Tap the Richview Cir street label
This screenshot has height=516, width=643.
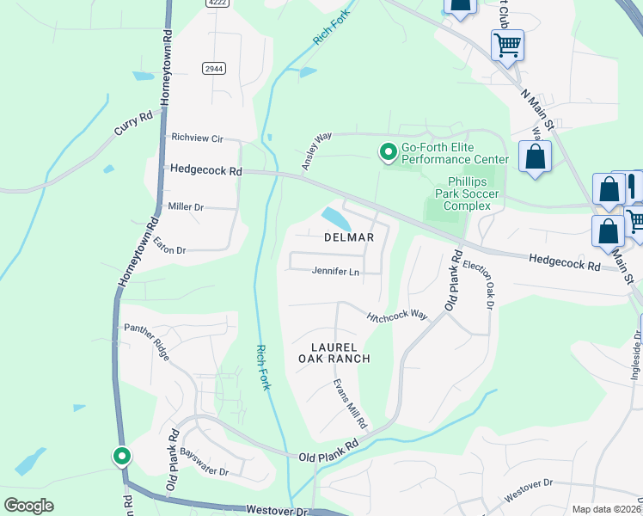(197, 138)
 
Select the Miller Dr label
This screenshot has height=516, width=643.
(186, 207)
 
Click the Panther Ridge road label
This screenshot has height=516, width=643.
(148, 341)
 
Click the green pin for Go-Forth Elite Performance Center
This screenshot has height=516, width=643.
(389, 152)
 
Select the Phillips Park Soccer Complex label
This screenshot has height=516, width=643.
(473, 194)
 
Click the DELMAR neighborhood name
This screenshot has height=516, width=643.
(349, 237)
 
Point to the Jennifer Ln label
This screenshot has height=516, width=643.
(335, 273)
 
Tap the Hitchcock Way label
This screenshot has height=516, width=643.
(396, 316)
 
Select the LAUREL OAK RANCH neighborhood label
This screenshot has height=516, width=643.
(334, 351)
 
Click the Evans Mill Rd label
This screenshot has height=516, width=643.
(351, 403)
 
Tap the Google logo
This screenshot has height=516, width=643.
(28, 506)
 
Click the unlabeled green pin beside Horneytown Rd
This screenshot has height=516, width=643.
(122, 457)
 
